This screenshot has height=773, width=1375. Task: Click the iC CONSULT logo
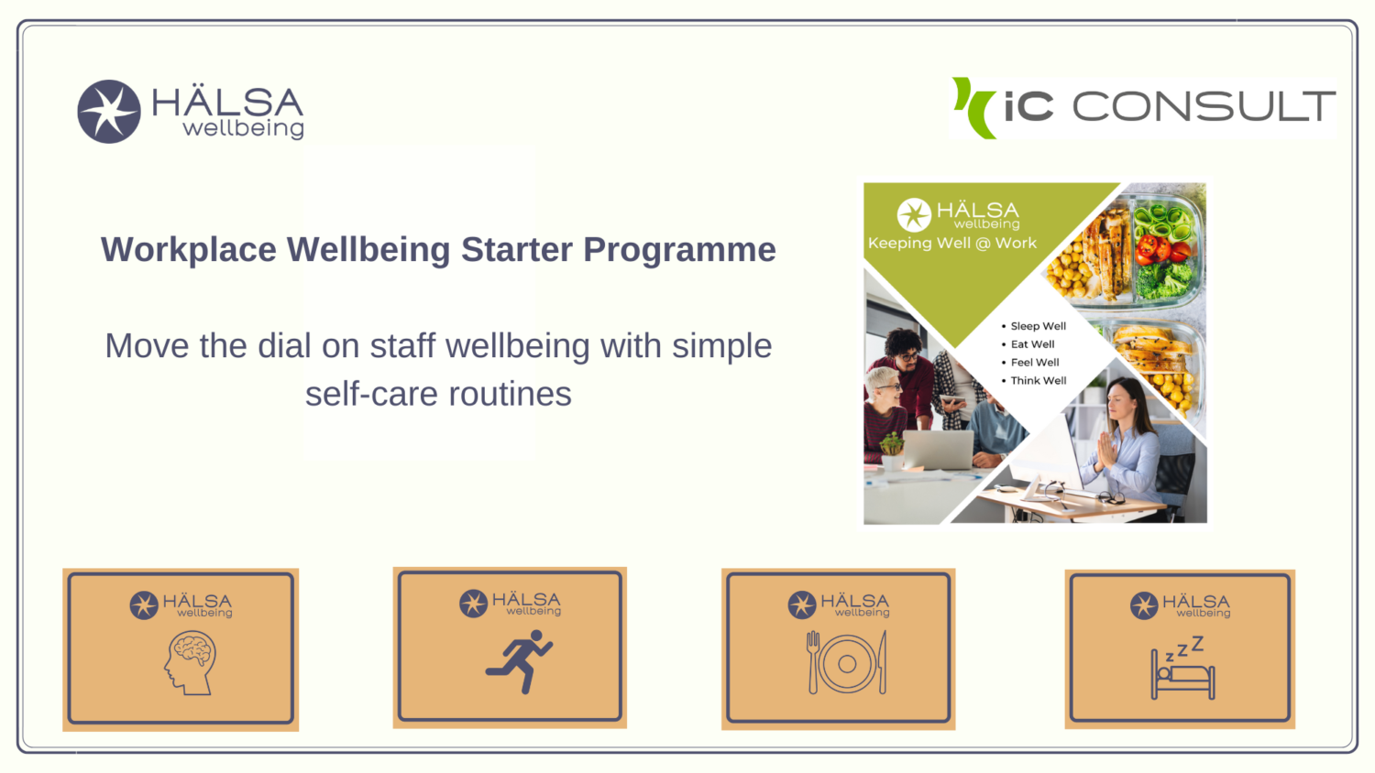[x=1143, y=108]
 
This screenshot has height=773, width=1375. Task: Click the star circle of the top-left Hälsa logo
[x=109, y=112]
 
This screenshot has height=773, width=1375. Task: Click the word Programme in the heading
[x=679, y=251]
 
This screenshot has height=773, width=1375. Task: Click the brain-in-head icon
[x=190, y=663]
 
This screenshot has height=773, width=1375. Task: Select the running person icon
[x=520, y=661]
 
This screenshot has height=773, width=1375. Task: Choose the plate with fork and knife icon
[x=846, y=662]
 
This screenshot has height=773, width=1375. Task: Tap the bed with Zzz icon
[x=1182, y=668]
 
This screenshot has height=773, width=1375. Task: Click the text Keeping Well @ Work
[x=952, y=243]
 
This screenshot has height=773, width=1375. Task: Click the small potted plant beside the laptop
[x=891, y=451]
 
